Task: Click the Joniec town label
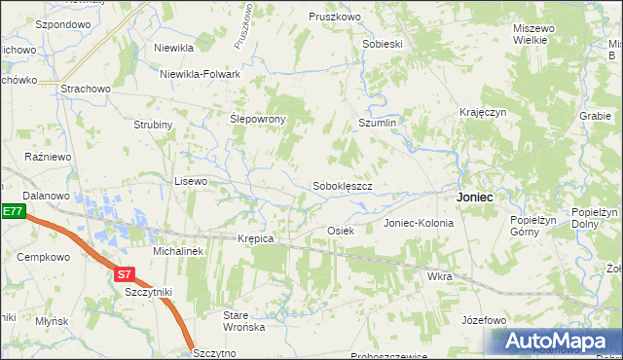pyautogui.click(x=474, y=197)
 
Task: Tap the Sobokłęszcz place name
pyautogui.click(x=343, y=185)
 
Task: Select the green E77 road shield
pyautogui.click(x=11, y=211)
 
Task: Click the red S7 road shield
pyautogui.click(x=124, y=274)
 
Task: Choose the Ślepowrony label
pyautogui.click(x=257, y=119)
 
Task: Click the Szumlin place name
pyautogui.click(x=378, y=124)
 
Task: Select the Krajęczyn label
pyautogui.click(x=484, y=113)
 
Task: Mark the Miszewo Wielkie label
pyautogui.click(x=534, y=35)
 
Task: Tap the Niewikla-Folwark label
pyautogui.click(x=201, y=72)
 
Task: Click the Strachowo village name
pyautogui.click(x=85, y=90)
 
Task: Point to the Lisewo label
pyautogui.click(x=191, y=181)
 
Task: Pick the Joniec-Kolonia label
pyautogui.click(x=419, y=223)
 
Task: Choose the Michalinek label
pyautogui.click(x=177, y=251)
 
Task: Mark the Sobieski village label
pyautogui.click(x=382, y=44)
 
